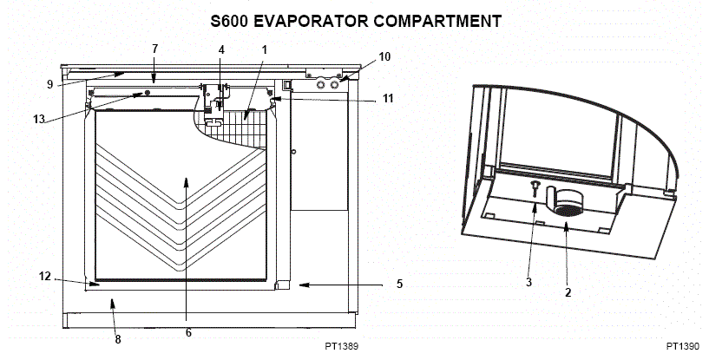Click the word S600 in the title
[229, 22]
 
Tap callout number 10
[384, 57]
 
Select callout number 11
[388, 98]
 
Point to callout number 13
[39, 119]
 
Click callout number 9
[49, 84]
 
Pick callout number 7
[155, 49]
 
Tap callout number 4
[221, 49]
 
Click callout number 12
[45, 276]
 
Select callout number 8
[118, 340]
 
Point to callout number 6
[188, 333]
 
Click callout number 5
[400, 284]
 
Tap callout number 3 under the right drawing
[529, 282]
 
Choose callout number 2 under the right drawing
[568, 292]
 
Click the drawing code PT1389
[341, 346]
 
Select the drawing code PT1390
[682, 346]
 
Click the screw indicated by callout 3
[535, 188]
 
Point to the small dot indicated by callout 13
[148, 93]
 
